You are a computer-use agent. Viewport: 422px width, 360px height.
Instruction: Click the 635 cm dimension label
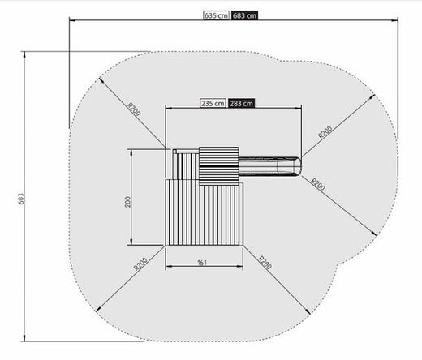(216, 15)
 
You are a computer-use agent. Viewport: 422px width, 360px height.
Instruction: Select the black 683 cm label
(244, 15)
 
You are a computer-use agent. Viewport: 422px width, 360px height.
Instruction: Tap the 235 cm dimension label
(213, 103)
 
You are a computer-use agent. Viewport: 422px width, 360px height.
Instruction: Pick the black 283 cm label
(241, 103)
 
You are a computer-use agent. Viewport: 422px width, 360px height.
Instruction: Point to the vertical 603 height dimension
(22, 199)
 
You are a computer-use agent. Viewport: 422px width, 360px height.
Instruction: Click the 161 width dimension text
(202, 263)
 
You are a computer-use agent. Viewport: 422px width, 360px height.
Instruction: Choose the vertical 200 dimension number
(127, 202)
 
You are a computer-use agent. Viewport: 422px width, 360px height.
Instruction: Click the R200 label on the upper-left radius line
(134, 109)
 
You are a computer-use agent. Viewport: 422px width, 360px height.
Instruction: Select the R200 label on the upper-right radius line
(325, 132)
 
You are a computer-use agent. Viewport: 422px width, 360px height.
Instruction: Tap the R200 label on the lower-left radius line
(140, 264)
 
